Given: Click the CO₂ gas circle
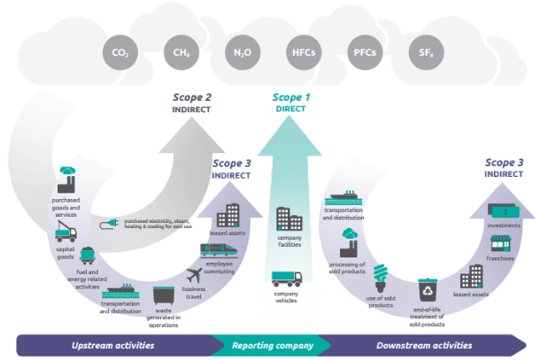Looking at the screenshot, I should pyautogui.click(x=120, y=53).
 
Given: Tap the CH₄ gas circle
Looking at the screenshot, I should pyautogui.click(x=181, y=53).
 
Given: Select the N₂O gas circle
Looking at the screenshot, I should pyautogui.click(x=242, y=53).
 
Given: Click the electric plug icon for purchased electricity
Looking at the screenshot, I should pyautogui.click(x=110, y=222).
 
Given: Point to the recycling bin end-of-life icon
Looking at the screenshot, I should pyautogui.click(x=427, y=289).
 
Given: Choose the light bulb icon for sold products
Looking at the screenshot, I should pyautogui.click(x=382, y=276).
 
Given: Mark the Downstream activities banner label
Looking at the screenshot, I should pyautogui.click(x=424, y=345).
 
